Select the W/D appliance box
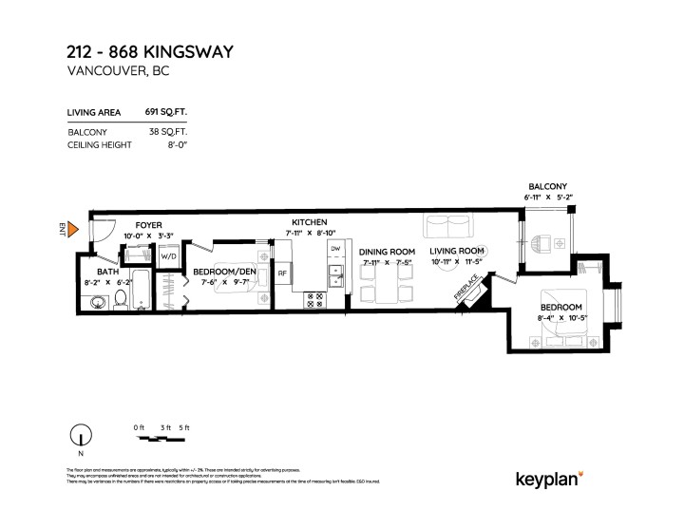[x=168, y=255]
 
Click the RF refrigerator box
[x=282, y=274]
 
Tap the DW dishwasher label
[x=335, y=249]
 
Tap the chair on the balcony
[x=541, y=243]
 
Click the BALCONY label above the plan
[x=548, y=186]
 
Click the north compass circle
[x=83, y=437]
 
